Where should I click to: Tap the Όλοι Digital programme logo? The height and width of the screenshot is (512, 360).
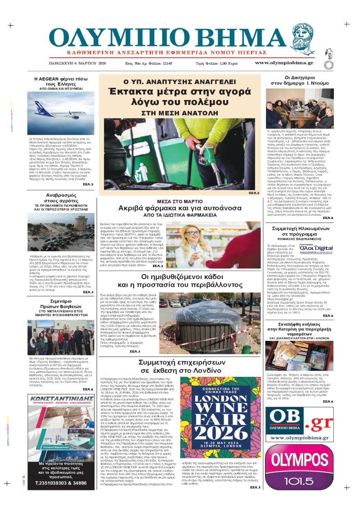coord(320,248)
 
